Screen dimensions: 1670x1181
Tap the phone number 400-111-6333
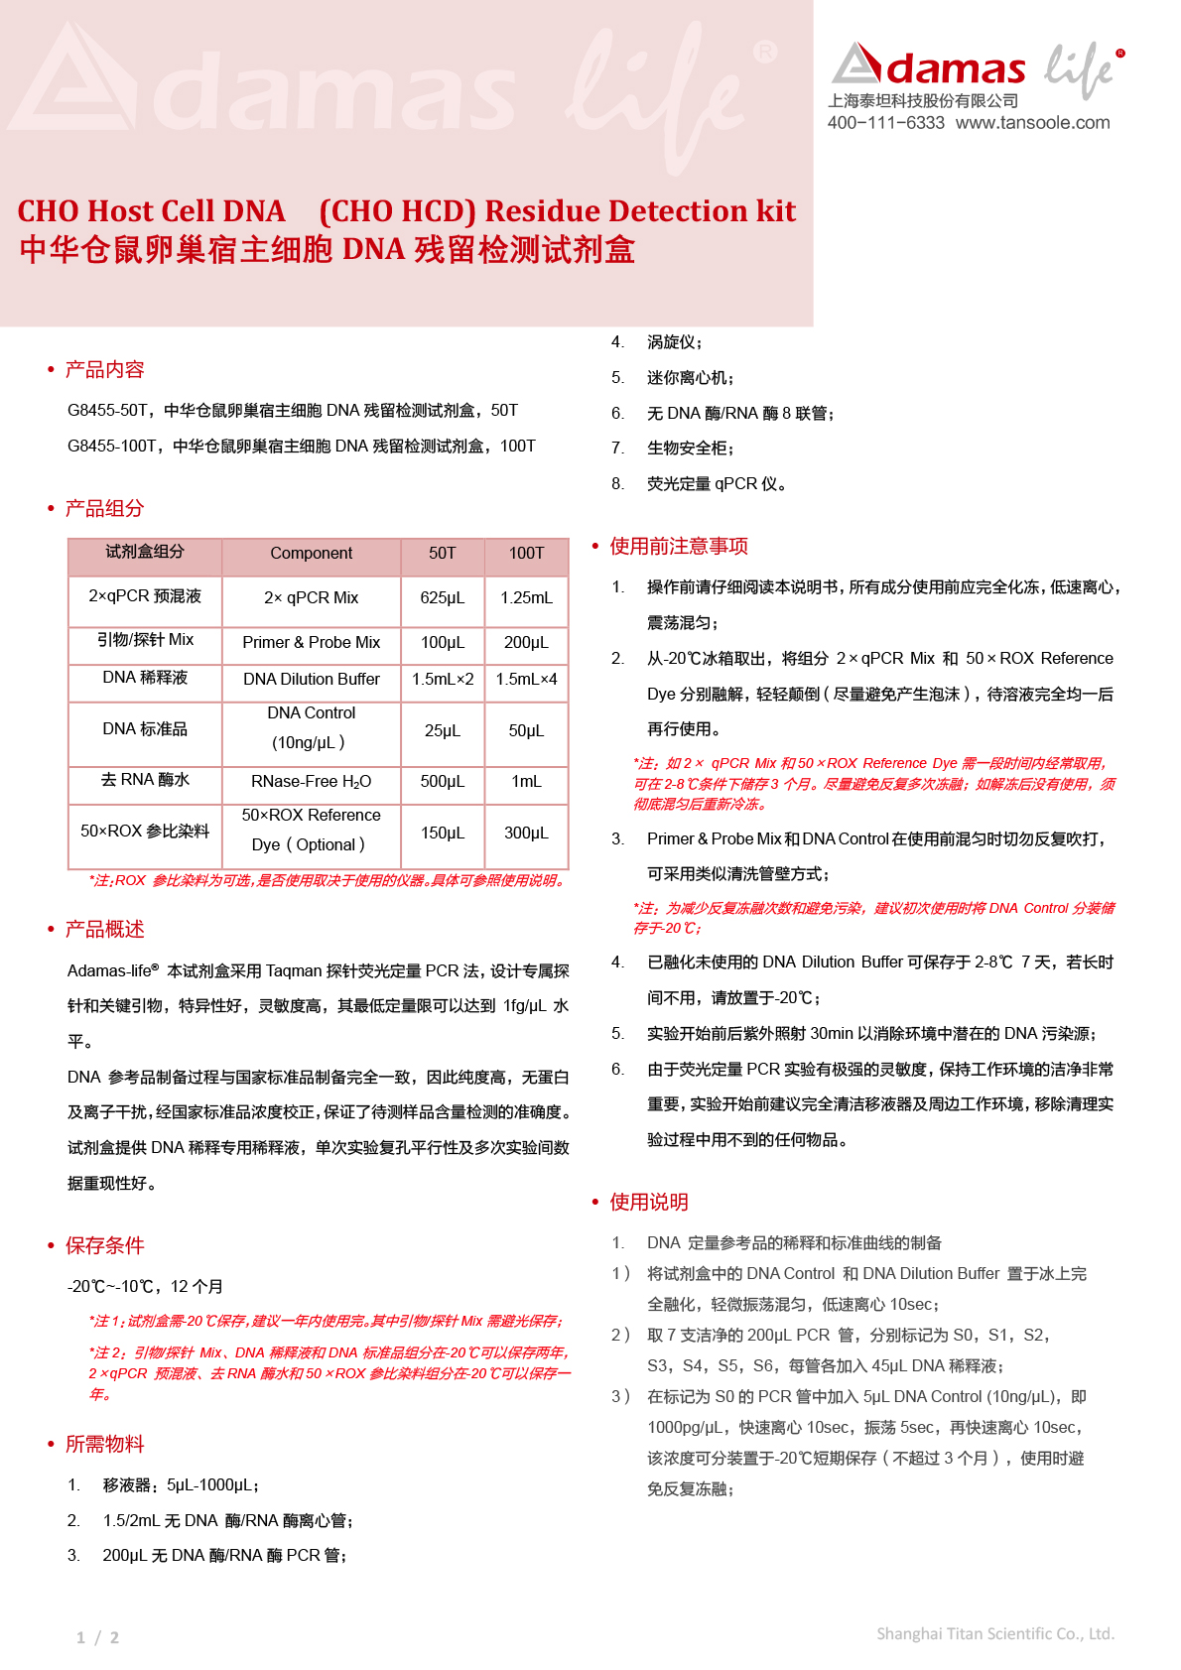(885, 123)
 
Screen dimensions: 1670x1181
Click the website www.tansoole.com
(1032, 123)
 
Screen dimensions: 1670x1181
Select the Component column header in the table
(311, 554)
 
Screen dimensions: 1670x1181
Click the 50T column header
(443, 554)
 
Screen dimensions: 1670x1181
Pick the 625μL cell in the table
(443, 598)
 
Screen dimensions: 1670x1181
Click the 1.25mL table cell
(526, 598)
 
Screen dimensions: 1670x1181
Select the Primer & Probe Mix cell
(311, 643)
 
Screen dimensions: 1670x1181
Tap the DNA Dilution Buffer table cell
(311, 680)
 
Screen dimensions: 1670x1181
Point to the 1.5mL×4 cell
(526, 680)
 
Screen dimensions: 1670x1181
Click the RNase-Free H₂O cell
(311, 782)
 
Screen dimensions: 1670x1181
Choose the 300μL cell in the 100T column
(526, 834)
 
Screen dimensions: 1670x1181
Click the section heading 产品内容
(104, 370)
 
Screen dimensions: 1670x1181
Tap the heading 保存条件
(104, 1246)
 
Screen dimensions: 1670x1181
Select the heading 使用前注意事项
(679, 547)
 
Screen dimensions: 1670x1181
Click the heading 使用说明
(649, 1203)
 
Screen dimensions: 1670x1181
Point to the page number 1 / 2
(97, 1638)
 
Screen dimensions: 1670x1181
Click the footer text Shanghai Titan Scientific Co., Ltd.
(994, 1634)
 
